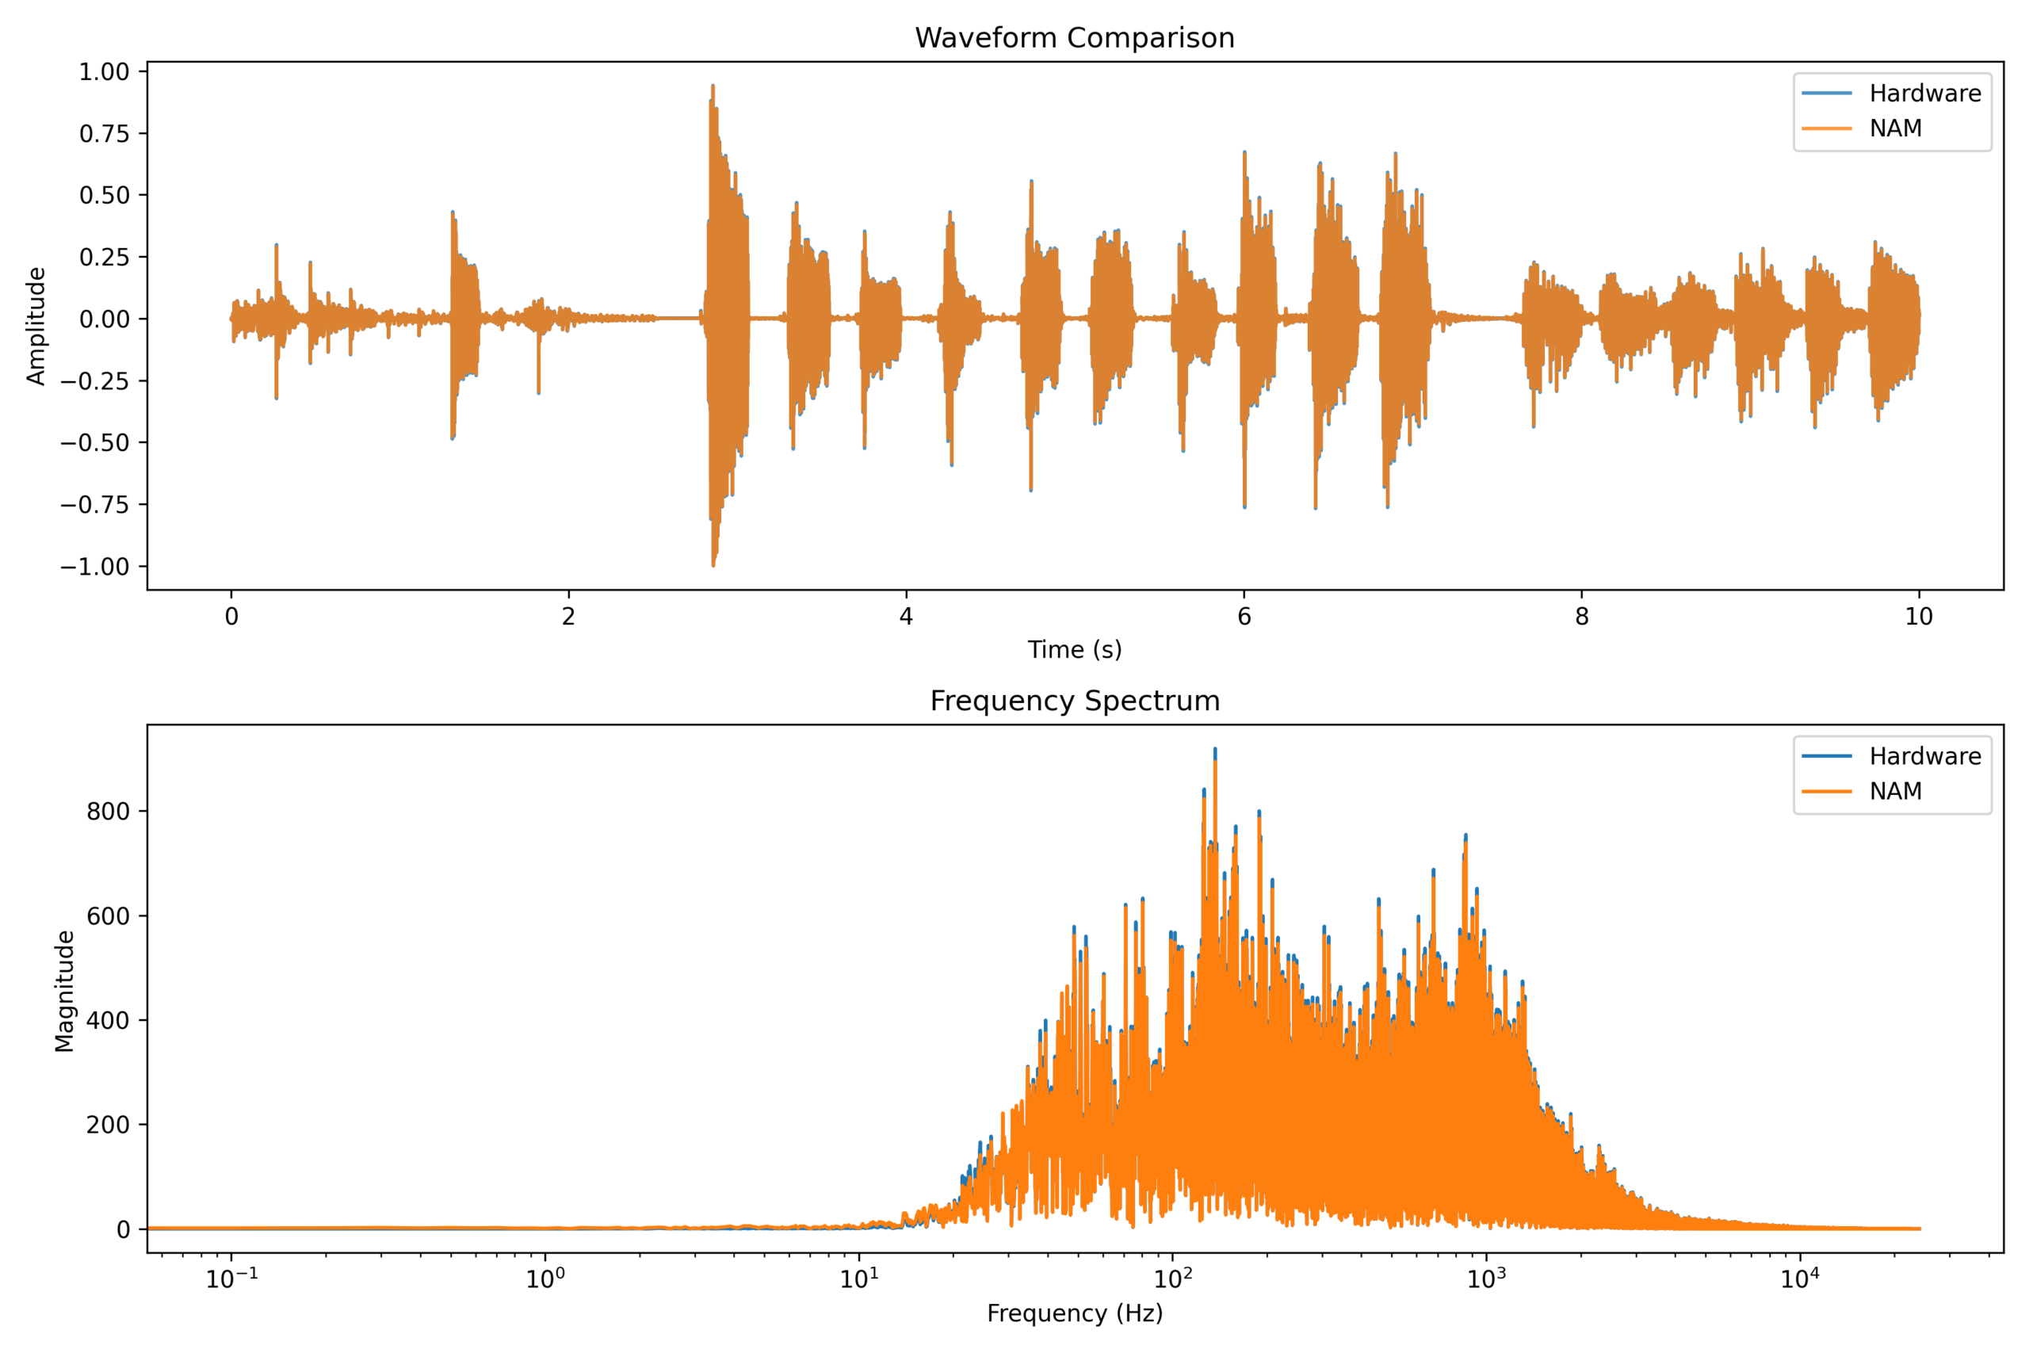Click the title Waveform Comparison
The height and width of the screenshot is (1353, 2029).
1074,38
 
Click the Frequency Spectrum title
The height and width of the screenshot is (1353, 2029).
1074,701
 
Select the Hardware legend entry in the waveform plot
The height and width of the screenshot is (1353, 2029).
1924,94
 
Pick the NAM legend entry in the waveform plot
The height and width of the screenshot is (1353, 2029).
1895,128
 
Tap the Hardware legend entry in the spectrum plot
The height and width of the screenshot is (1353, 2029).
1924,756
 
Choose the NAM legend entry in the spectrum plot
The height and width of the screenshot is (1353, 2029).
1895,791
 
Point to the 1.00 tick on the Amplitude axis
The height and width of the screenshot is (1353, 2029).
105,71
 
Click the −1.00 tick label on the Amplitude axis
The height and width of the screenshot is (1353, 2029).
95,567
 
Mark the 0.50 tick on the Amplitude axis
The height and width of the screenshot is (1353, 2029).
105,196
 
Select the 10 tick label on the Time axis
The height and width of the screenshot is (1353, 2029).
1919,616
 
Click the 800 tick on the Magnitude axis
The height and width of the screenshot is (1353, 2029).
109,811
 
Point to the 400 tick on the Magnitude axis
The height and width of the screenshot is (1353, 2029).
109,1020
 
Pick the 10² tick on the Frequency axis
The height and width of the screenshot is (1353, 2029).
1171,1278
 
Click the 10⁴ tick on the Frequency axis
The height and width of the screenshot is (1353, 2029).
1799,1278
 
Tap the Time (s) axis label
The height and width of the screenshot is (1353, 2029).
1074,650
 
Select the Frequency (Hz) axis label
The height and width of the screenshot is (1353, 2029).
1074,1313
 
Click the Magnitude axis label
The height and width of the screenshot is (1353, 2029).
65,991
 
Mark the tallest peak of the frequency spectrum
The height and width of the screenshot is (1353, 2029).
1215,750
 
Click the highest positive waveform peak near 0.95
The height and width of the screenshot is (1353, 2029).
713,86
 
